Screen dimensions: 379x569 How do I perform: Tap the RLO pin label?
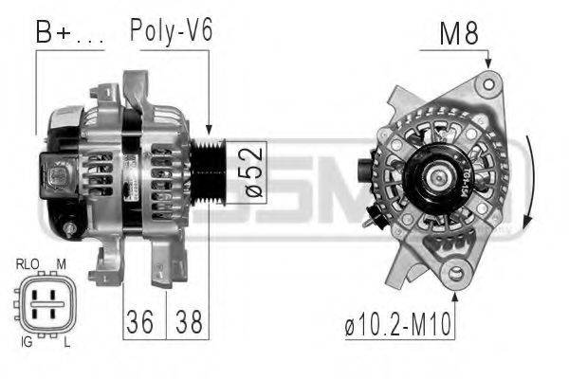[x=28, y=263]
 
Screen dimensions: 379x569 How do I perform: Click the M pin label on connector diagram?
[x=63, y=263]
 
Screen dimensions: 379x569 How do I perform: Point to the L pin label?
[x=64, y=341]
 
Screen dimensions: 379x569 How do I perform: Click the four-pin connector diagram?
[x=45, y=302]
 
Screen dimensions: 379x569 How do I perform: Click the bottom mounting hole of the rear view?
[x=456, y=276]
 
